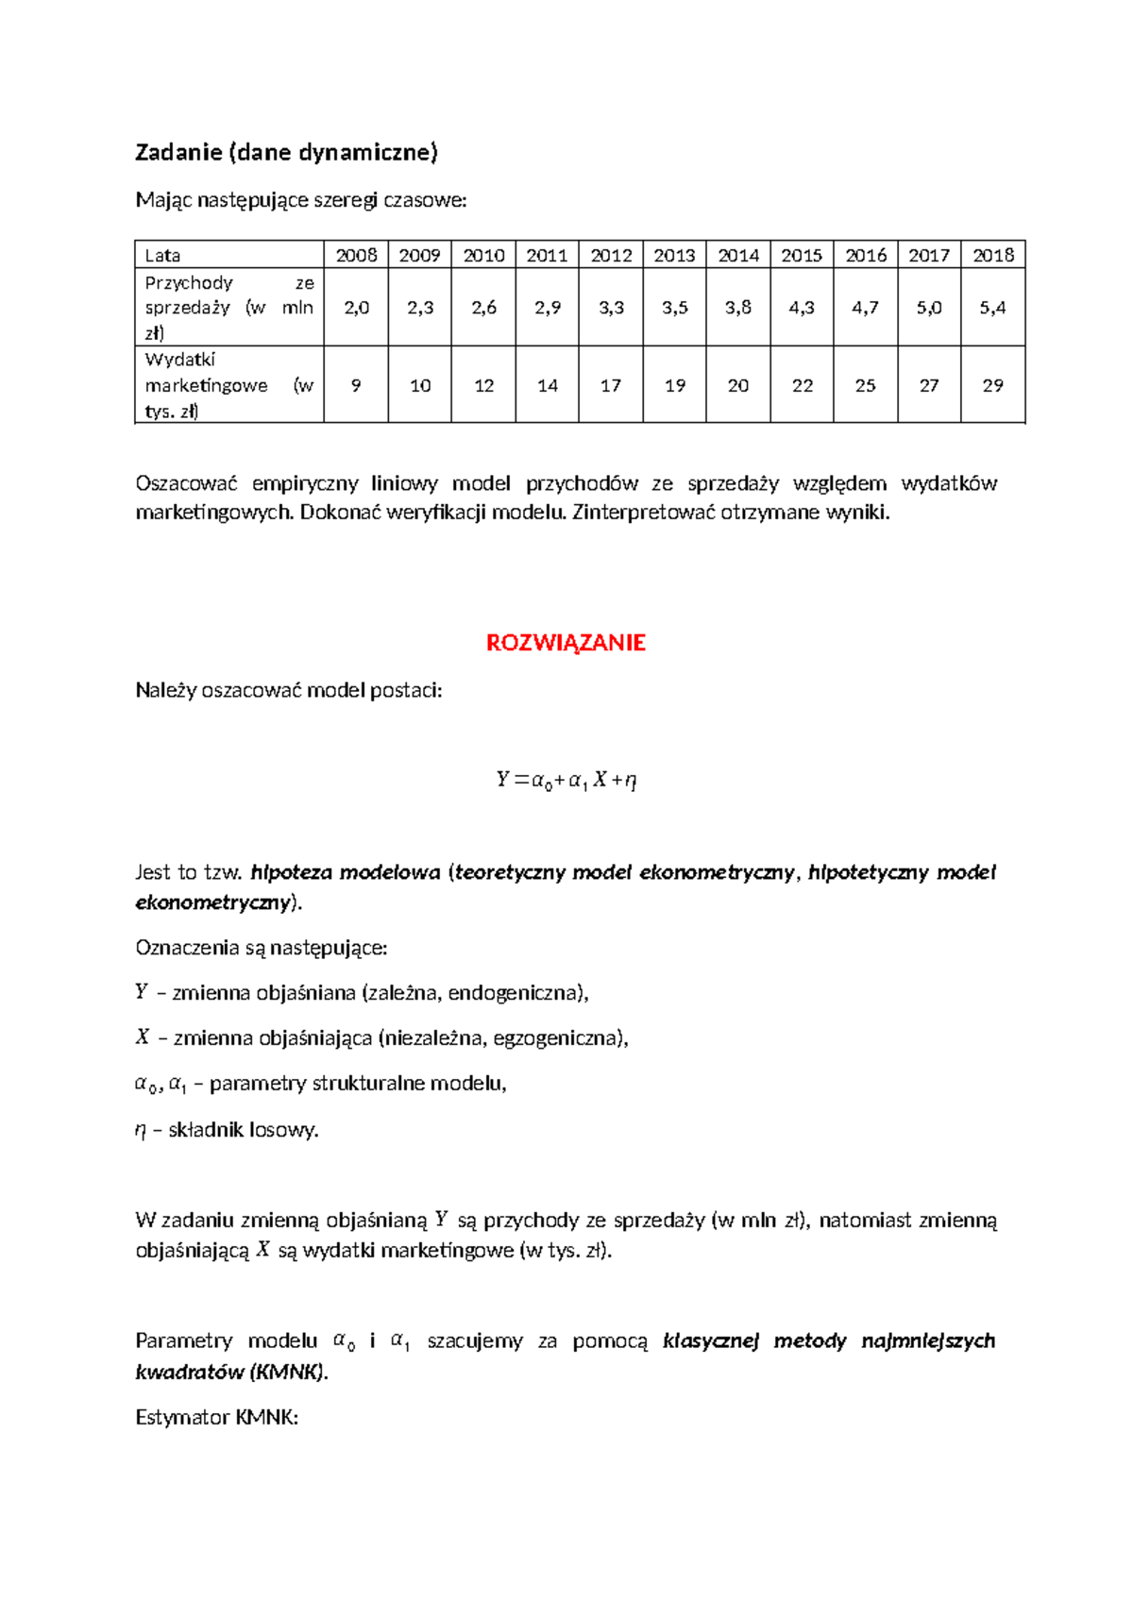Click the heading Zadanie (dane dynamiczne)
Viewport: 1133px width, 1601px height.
point(287,152)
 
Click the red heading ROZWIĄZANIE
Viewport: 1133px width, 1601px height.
point(566,643)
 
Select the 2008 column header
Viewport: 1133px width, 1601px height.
point(356,255)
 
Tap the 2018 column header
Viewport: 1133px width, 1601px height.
point(992,255)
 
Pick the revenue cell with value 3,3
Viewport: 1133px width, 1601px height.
point(611,308)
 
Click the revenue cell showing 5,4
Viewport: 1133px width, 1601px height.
point(992,308)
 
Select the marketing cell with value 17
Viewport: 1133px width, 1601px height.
point(611,385)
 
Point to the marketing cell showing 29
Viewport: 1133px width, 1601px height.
point(992,385)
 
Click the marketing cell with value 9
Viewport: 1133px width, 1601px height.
point(356,385)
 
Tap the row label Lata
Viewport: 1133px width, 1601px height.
point(162,255)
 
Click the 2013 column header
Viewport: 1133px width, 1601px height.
point(674,255)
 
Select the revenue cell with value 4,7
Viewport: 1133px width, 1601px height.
point(865,308)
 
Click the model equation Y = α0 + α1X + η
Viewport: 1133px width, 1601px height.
point(566,780)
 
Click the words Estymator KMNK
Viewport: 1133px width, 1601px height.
point(216,1417)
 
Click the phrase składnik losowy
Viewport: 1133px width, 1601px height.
point(243,1130)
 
